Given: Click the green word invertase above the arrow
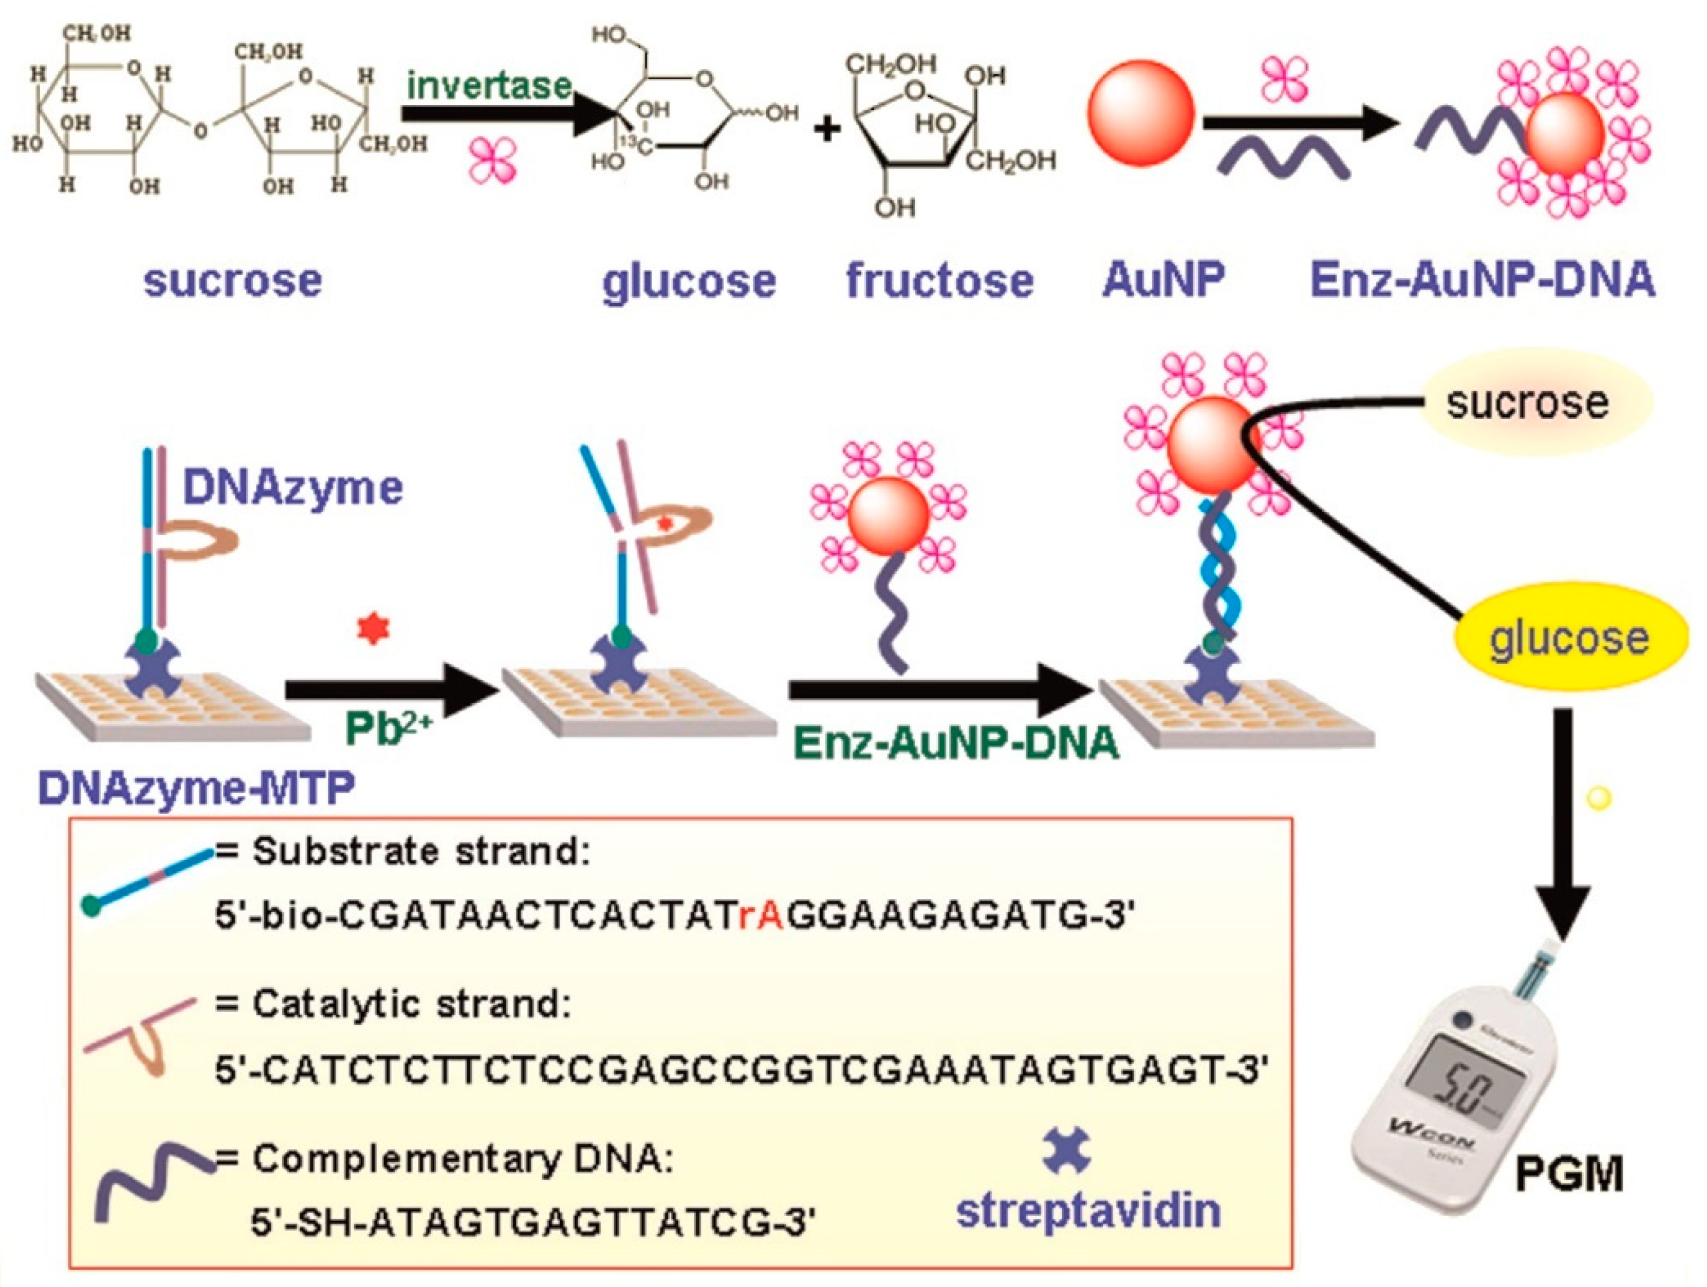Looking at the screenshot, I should click(x=489, y=85).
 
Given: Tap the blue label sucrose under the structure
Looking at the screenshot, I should click(x=232, y=280).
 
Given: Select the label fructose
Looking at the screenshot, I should click(x=939, y=280).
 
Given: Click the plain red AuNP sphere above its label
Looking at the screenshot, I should click(x=1140, y=114).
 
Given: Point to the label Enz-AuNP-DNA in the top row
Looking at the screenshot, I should click(x=1482, y=280).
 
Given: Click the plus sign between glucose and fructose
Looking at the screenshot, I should click(x=827, y=129).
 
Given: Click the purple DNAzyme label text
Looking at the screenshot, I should click(x=292, y=488).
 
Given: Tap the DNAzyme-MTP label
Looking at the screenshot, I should click(x=197, y=788).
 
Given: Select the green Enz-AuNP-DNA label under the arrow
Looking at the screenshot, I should click(x=955, y=743).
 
